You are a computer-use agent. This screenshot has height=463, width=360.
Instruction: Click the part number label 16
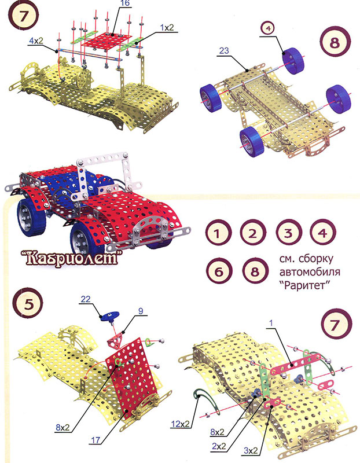(125, 3)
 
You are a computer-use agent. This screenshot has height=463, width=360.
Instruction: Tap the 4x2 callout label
(36, 41)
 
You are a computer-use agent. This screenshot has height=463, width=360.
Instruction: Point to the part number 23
(224, 50)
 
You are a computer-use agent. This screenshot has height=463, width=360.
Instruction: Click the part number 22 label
(85, 299)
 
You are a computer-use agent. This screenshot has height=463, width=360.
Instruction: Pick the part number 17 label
(95, 440)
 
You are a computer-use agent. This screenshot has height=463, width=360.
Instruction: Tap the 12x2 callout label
(180, 424)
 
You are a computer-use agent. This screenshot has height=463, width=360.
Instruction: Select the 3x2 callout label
(251, 451)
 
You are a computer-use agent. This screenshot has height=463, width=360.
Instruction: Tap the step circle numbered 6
(219, 271)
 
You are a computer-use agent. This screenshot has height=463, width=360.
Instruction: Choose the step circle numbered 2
(253, 233)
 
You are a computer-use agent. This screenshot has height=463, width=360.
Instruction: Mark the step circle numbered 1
(218, 233)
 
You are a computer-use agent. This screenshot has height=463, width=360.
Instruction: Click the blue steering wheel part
(109, 317)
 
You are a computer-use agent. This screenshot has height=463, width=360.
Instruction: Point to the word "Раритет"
(304, 285)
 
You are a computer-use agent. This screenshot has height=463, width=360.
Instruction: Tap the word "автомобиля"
(310, 271)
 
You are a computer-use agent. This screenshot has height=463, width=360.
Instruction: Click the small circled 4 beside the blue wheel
(268, 28)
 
